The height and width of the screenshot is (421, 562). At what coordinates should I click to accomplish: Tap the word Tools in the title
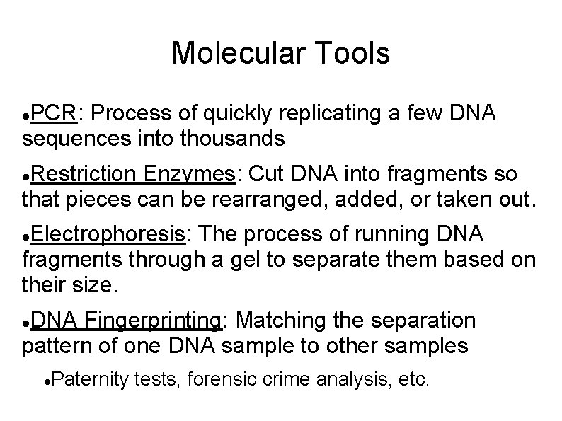pyautogui.click(x=348, y=54)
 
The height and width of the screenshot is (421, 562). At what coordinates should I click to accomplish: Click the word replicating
pyautogui.click(x=331, y=113)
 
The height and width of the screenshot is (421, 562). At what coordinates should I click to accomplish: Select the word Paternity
pyautogui.click(x=91, y=381)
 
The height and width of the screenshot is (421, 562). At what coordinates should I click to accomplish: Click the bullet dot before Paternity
pyautogui.click(x=46, y=382)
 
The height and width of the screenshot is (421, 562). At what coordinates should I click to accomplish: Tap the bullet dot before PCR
pyautogui.click(x=26, y=115)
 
